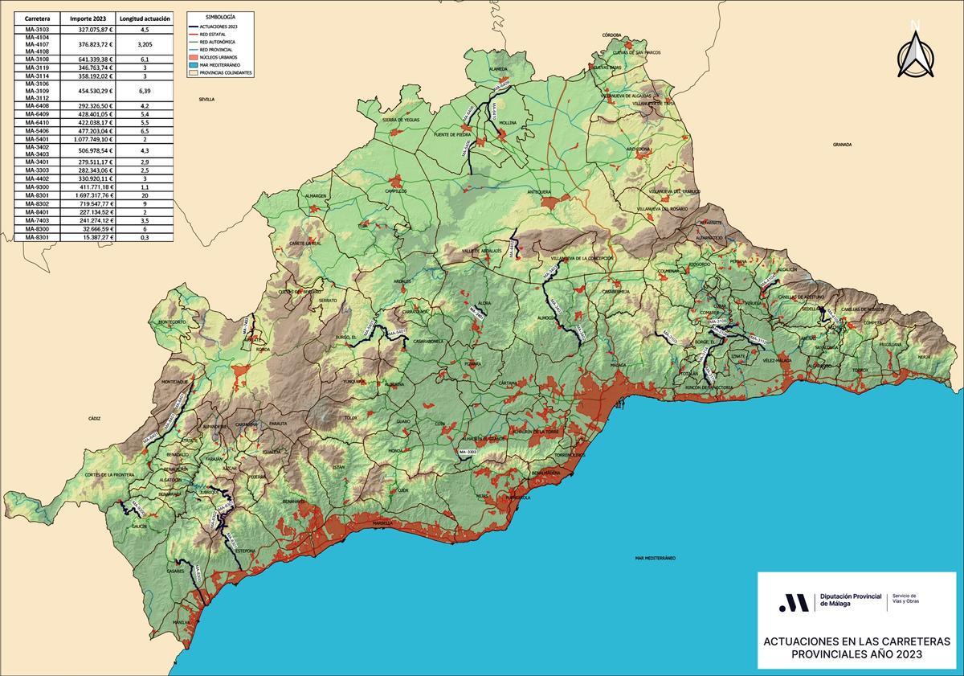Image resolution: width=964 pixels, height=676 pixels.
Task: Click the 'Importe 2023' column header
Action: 87,18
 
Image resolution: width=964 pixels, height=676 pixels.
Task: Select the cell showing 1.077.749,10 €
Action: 87,138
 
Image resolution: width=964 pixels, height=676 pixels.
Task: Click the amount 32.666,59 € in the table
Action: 87,229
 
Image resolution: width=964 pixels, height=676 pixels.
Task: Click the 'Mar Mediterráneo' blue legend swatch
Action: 193,64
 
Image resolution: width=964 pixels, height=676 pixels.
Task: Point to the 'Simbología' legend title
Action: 220,17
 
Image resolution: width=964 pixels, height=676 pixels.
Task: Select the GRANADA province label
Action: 842,145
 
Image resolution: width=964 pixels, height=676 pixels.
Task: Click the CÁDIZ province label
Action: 95,419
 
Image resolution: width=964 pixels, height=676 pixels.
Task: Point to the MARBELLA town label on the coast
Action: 383,522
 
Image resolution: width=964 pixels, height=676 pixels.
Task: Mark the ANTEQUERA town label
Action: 538,192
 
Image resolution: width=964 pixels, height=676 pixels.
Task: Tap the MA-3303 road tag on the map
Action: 468,453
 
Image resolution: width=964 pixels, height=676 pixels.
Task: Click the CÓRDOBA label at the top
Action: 611,35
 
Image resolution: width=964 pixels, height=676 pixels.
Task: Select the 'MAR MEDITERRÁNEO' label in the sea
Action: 655,557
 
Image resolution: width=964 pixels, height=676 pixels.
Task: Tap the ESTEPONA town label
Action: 245,551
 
